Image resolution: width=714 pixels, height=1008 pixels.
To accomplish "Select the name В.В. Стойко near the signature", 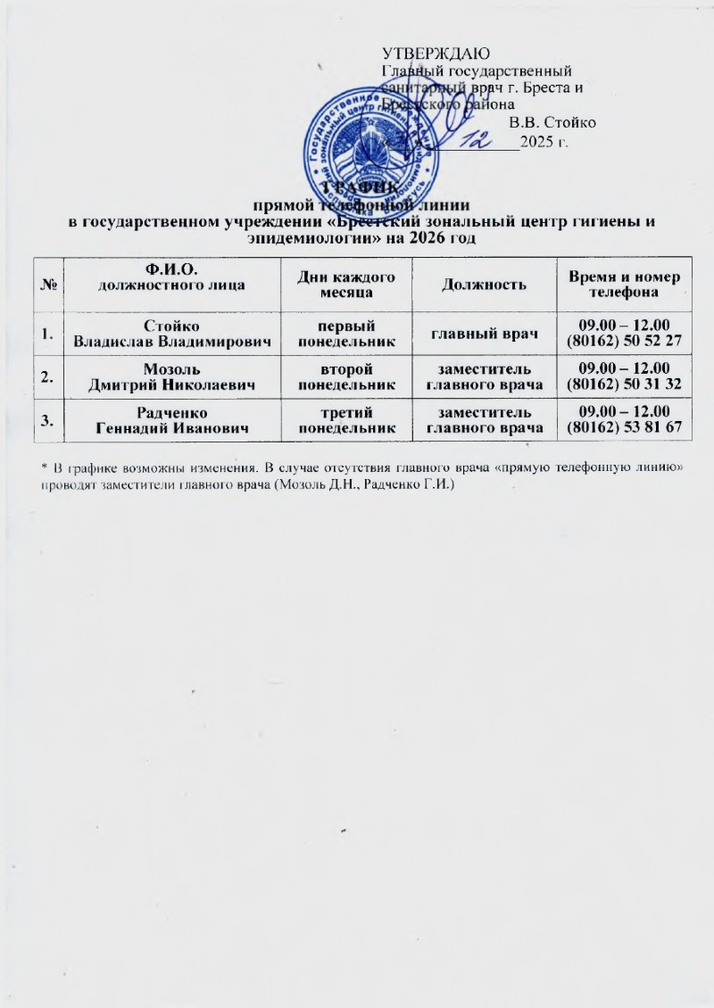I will click(x=552, y=122).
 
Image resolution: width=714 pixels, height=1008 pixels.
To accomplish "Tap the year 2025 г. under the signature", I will click(x=544, y=141).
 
